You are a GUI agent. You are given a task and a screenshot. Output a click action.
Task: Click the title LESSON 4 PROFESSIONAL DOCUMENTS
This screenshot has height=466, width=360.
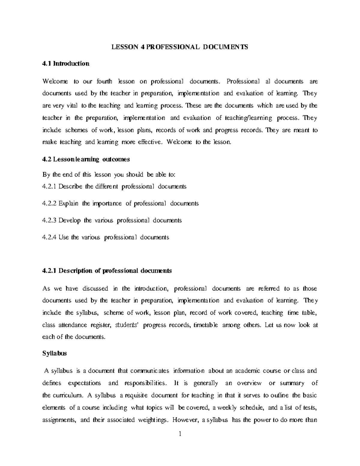tap(180, 47)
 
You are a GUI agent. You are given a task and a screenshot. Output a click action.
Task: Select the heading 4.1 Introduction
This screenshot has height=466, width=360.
tap(66, 64)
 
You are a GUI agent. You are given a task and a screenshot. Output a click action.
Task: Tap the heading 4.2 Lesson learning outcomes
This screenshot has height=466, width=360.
tap(86, 159)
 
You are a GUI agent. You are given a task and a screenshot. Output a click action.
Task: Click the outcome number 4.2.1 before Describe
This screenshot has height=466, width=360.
tap(49, 187)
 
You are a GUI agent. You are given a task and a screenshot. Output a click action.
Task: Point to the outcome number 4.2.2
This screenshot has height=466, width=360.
tap(49, 203)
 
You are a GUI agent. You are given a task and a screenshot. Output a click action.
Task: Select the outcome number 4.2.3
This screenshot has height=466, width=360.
tap(49, 221)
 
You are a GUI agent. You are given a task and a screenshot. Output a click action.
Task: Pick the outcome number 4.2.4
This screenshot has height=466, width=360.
tap(49, 237)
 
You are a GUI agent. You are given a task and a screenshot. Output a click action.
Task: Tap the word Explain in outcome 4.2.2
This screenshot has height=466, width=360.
tap(68, 203)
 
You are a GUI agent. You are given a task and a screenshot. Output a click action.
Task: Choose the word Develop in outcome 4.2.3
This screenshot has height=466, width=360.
tap(70, 221)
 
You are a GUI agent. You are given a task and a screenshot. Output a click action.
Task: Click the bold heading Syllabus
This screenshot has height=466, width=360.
tap(54, 353)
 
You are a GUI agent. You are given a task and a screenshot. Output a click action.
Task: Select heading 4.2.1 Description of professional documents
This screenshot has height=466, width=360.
tap(107, 271)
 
